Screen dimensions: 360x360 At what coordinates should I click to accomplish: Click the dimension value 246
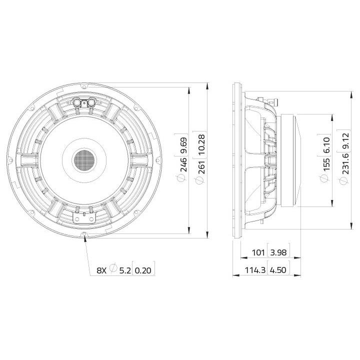tap(184, 164)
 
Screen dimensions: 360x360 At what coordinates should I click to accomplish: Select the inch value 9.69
tap(184, 145)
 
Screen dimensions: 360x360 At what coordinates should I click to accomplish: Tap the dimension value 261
tap(201, 166)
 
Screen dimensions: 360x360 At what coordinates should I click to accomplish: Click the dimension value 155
tap(326, 163)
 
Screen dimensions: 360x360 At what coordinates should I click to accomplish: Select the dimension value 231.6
tap(345, 163)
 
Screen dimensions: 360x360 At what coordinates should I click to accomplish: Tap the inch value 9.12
tap(345, 141)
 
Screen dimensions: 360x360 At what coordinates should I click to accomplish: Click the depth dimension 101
tap(258, 252)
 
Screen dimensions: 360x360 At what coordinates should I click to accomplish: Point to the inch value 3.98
tap(278, 252)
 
